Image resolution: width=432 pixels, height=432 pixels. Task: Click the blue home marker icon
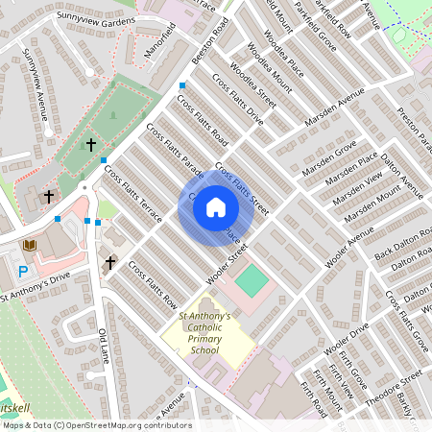coord(216,206)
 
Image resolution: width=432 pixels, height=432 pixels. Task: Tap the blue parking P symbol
coord(22,272)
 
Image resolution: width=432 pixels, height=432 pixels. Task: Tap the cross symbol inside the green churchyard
coord(90,145)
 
